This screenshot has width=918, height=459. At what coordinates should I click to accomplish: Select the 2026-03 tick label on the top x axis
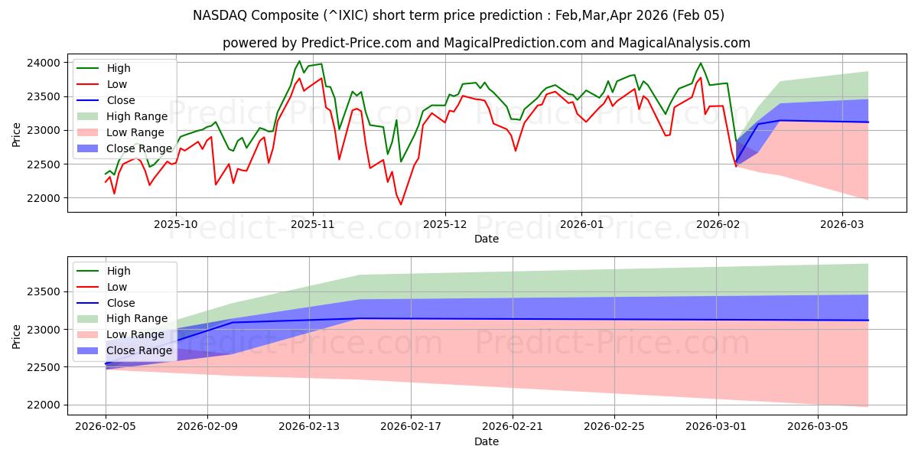842,225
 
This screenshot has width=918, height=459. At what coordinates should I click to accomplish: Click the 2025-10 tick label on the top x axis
176,225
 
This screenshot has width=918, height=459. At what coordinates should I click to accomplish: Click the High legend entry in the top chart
119,68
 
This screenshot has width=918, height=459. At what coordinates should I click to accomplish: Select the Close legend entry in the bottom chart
121,303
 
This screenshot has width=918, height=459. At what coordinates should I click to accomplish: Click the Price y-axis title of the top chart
17,134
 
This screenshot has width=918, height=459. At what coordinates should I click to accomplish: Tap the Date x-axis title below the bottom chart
487,441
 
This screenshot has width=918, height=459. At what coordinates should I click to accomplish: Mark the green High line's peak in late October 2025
299,61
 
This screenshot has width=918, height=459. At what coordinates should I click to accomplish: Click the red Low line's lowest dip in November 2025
400,204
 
